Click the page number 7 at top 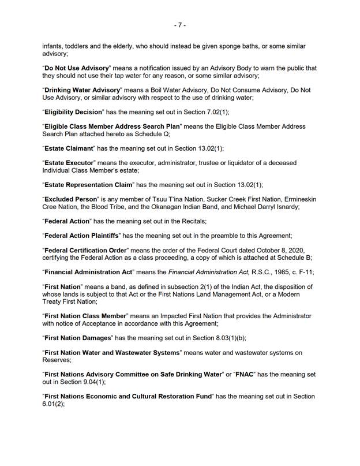click(x=179, y=25)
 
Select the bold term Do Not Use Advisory click(x=76, y=68)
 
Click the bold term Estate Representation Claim click(x=88, y=185)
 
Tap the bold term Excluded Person click(x=72, y=199)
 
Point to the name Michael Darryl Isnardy click(x=270, y=207)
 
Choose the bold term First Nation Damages click(x=78, y=338)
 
